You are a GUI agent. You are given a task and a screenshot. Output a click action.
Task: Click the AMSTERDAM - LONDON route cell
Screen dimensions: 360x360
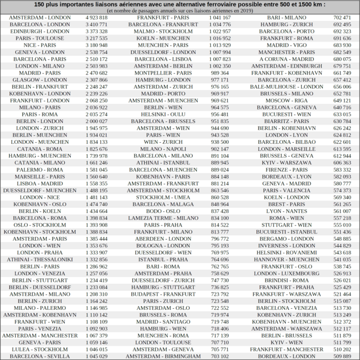tap(40, 17)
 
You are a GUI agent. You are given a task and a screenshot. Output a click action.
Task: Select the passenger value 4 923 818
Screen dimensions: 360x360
tap(96, 17)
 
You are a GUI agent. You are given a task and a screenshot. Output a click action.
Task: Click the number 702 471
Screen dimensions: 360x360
tap(342, 17)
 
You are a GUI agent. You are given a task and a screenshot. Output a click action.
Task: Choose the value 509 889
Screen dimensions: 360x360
tap(342, 356)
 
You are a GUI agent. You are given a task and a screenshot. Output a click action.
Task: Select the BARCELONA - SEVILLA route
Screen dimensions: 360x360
tap(40, 356)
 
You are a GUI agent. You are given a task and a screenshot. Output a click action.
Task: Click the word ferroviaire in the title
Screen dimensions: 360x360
tap(243, 4)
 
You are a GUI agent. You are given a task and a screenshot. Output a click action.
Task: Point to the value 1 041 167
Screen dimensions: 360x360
tap(220, 17)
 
